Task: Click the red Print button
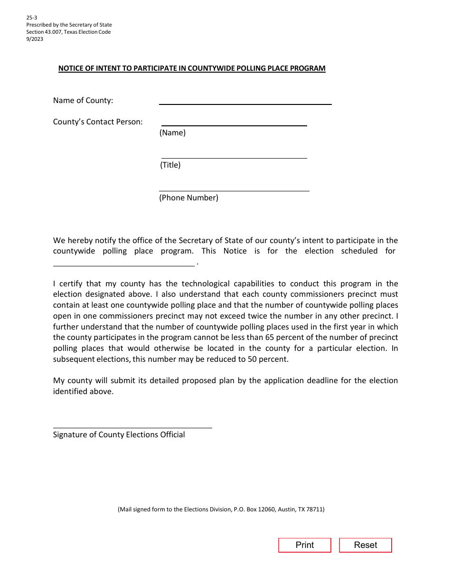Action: click(x=304, y=545)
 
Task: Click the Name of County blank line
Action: click(x=245, y=101)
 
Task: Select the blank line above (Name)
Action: click(x=234, y=122)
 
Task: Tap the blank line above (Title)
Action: click(x=234, y=155)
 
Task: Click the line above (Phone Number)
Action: click(x=234, y=188)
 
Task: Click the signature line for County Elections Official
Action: click(x=132, y=425)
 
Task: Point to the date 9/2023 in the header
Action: click(x=35, y=39)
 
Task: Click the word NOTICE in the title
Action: click(x=70, y=68)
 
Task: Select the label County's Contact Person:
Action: click(x=98, y=122)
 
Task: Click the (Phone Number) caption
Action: click(x=188, y=198)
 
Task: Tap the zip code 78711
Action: click(x=315, y=509)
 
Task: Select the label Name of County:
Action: click(x=83, y=101)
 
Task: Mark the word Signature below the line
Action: click(x=70, y=435)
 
